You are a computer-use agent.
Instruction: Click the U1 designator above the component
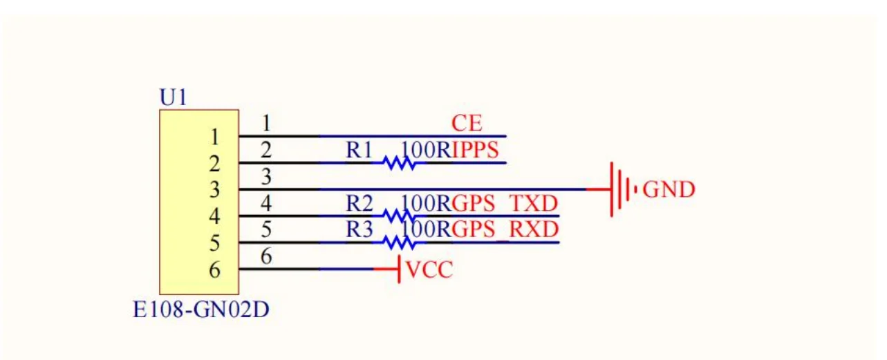(173, 97)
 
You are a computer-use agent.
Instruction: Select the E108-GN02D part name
(200, 310)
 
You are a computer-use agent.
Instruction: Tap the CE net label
(467, 123)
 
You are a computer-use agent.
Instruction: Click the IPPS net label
(475, 150)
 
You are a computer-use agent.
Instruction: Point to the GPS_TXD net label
(505, 203)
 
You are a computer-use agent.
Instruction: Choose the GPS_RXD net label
(505, 229)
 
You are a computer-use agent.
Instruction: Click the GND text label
(669, 189)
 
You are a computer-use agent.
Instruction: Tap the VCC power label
(429, 269)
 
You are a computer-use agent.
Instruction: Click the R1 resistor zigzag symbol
(399, 163)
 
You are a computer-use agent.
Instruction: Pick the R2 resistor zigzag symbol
(399, 216)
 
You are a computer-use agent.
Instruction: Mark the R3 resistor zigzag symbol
(399, 243)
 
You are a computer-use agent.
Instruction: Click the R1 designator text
(360, 150)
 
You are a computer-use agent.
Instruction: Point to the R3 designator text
(360, 229)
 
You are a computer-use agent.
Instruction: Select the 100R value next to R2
(426, 203)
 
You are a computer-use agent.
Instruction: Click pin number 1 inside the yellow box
(214, 137)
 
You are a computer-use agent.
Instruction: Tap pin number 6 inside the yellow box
(214, 269)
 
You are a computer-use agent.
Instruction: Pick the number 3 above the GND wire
(266, 176)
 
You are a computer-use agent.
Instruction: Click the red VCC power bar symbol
(399, 269)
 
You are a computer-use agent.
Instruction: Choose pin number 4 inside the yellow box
(214, 216)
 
